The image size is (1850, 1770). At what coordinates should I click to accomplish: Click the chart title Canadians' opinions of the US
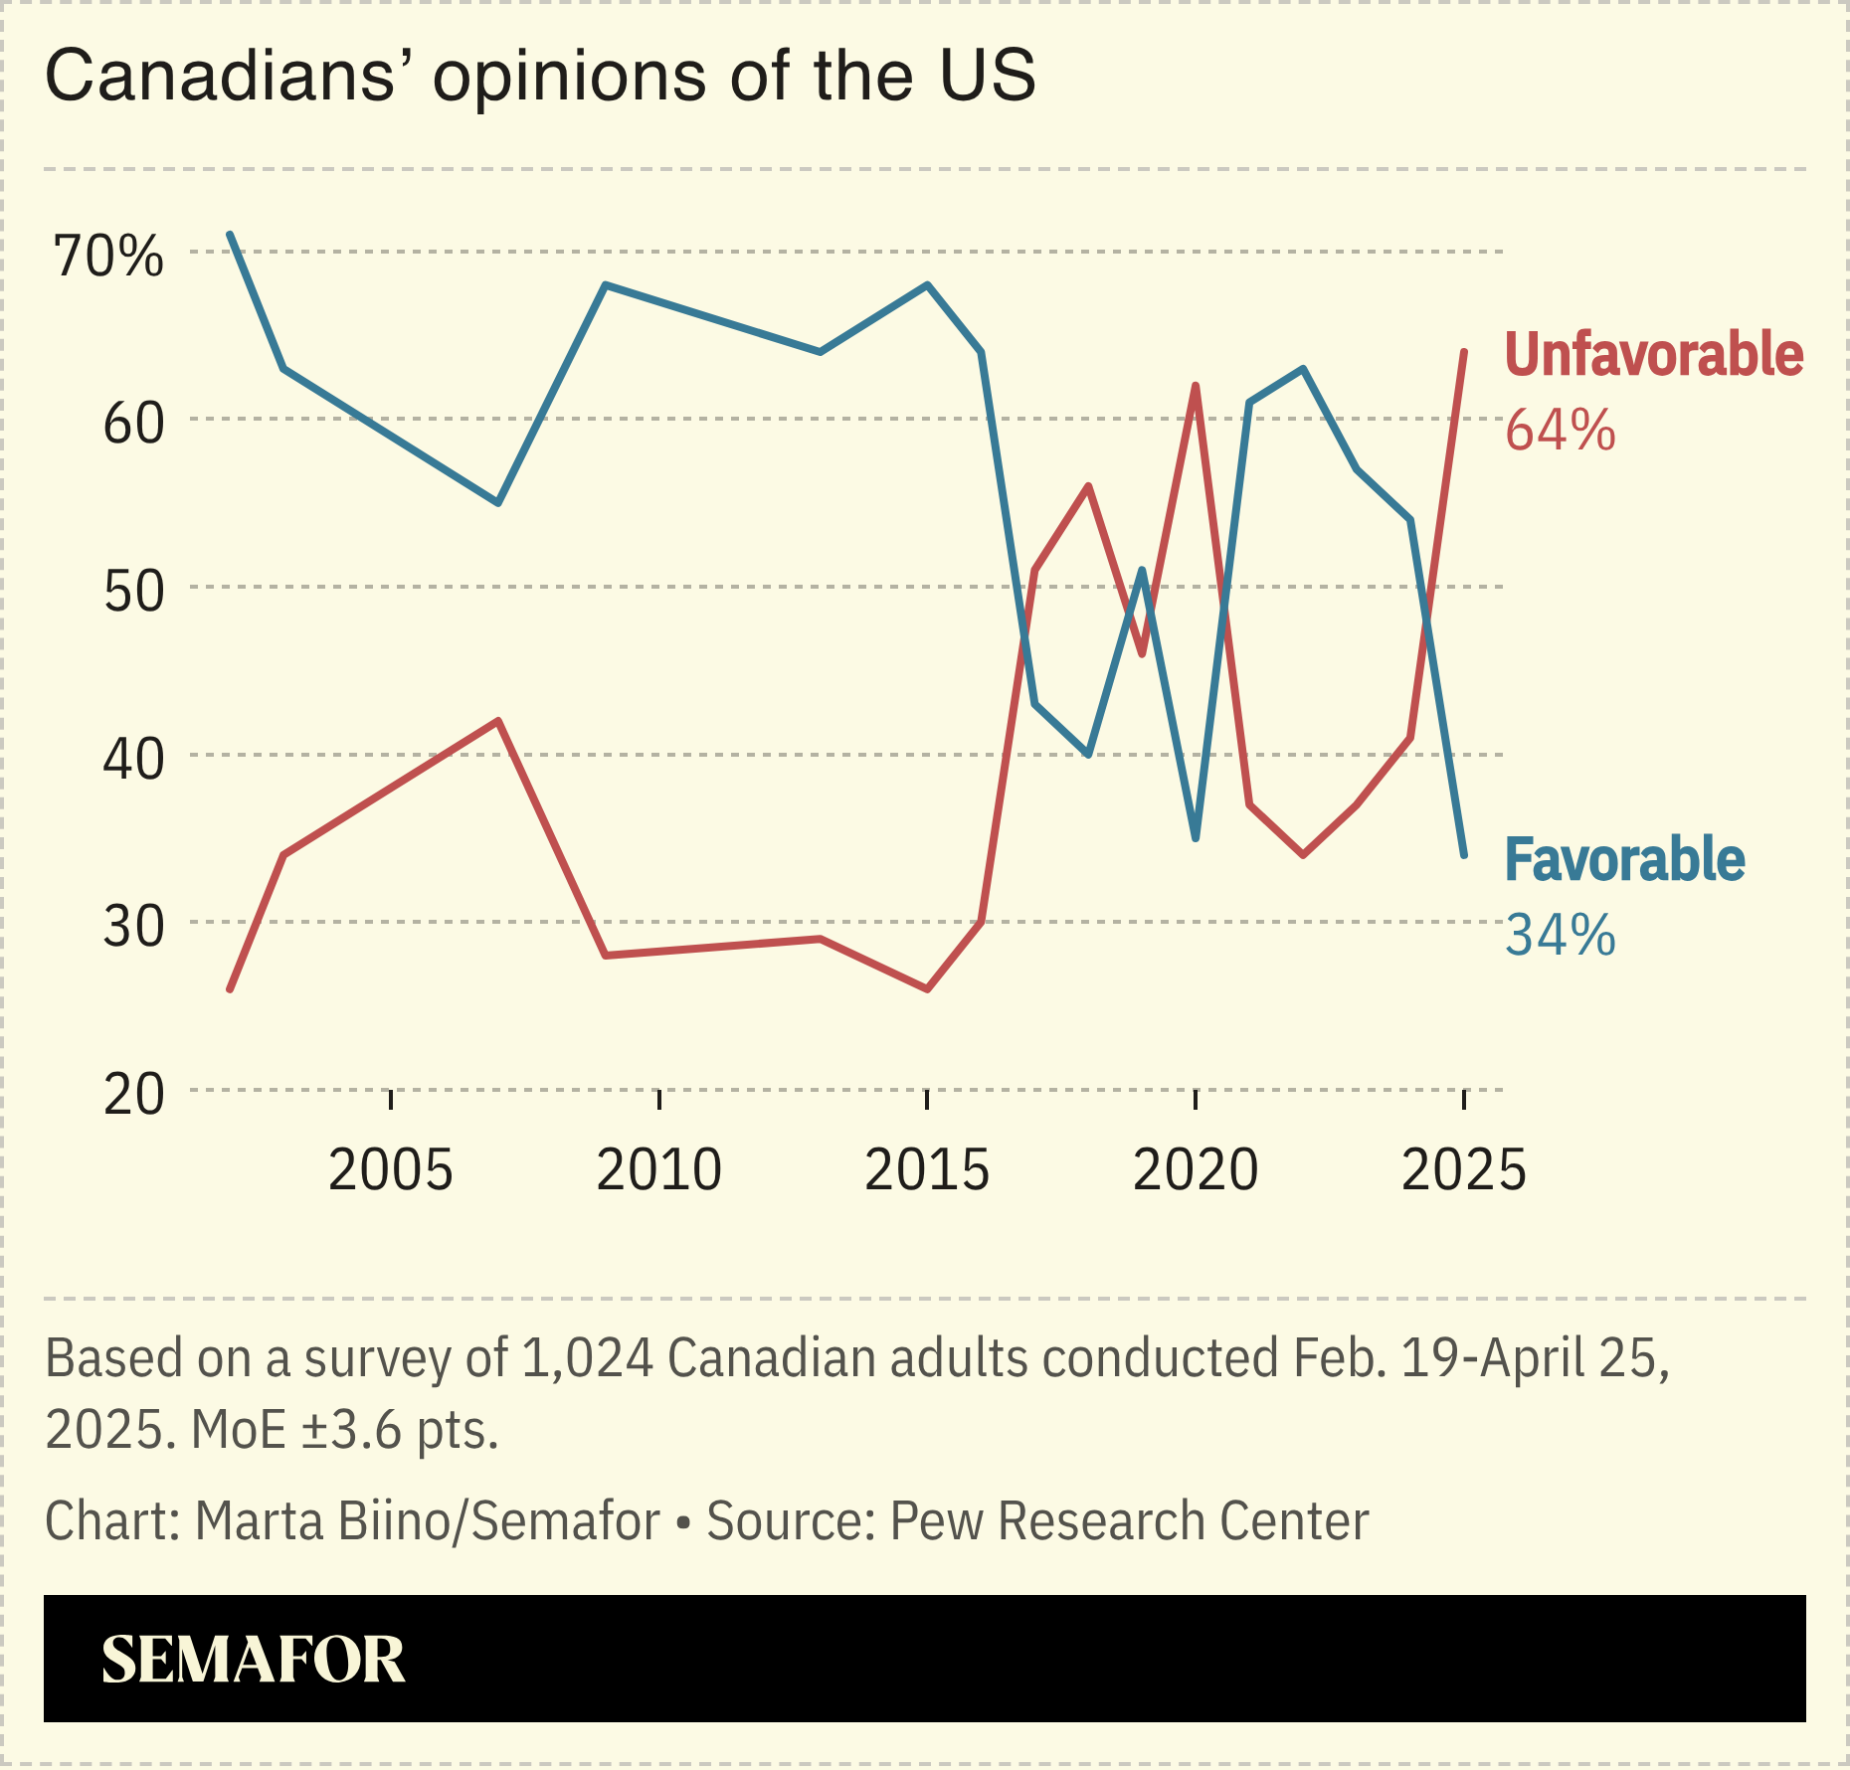[540, 77]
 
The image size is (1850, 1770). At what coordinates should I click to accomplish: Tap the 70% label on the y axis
[107, 257]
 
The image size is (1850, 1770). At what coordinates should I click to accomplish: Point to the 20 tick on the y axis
[133, 1095]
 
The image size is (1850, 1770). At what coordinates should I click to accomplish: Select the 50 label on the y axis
[133, 592]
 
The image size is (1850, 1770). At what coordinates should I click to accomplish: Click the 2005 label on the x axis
[390, 1169]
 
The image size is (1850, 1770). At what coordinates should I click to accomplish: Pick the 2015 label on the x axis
[926, 1169]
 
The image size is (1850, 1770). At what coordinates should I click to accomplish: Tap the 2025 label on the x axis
[1463, 1169]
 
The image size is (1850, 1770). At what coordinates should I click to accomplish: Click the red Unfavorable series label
[1653, 355]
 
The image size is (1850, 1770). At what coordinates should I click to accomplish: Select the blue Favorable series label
[1624, 860]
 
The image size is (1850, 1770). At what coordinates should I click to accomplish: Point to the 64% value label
[1560, 432]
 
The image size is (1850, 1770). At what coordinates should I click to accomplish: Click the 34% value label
[1560, 936]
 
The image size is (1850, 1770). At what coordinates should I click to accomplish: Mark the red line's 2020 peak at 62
[1195, 386]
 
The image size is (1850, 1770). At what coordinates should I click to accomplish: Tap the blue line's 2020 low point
[1195, 838]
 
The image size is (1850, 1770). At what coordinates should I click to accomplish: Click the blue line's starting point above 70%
[230, 235]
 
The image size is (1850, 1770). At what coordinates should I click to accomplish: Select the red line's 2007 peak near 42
[498, 721]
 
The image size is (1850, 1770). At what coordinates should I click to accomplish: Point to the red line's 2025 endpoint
[1463, 352]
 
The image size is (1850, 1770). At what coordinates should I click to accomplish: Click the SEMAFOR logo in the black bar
[253, 1660]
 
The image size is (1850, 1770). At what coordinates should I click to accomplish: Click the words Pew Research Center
[1129, 1521]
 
